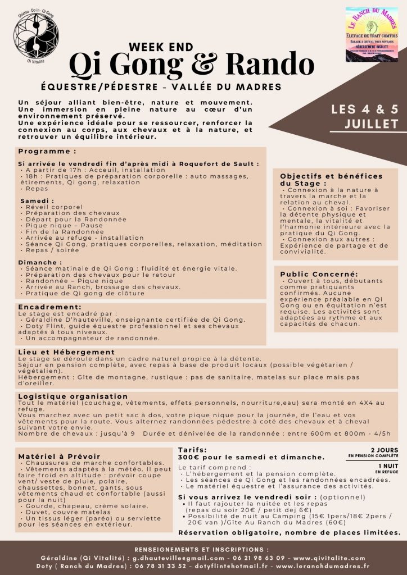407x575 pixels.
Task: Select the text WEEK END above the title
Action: (161, 47)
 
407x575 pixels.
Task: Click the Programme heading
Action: (47, 152)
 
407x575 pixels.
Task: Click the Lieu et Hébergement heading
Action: (66, 352)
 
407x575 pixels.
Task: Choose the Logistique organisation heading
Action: (73, 396)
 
